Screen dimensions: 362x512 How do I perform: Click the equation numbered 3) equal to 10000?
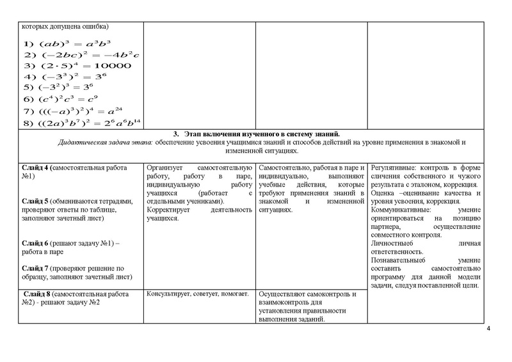[x=77, y=65]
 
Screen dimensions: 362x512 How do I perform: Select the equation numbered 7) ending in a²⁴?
[x=80, y=110]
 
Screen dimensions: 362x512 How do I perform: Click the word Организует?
[x=166, y=167]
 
